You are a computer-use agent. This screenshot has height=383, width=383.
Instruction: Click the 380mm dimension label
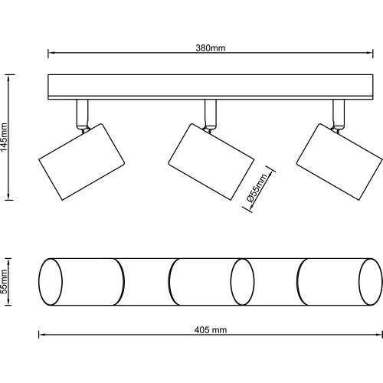click(211, 47)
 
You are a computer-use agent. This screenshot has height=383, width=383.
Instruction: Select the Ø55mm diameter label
click(257, 188)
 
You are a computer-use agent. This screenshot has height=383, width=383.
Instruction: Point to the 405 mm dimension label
click(211, 330)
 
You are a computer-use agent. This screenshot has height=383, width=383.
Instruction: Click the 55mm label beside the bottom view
click(5, 282)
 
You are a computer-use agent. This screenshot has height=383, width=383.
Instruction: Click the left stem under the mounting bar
click(82, 113)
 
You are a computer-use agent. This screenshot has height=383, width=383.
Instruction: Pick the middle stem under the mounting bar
click(211, 113)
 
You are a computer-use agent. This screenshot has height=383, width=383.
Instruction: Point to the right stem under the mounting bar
click(339, 113)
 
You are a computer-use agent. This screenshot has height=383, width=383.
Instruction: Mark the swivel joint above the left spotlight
click(83, 129)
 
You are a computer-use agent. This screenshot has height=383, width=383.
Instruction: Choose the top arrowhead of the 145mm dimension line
click(9, 78)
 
